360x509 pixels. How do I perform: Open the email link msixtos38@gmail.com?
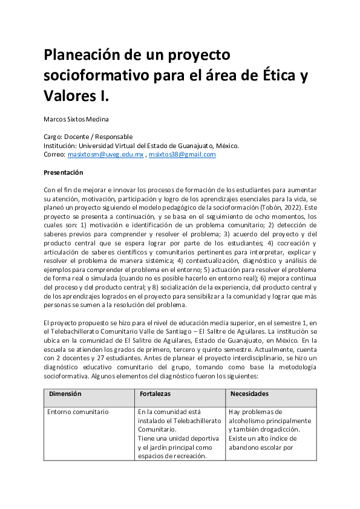(x=182, y=154)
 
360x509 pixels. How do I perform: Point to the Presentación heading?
(x=63, y=172)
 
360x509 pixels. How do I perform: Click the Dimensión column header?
(x=65, y=394)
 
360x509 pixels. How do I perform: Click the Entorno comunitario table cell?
(x=78, y=412)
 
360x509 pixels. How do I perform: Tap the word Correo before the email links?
(x=54, y=154)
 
